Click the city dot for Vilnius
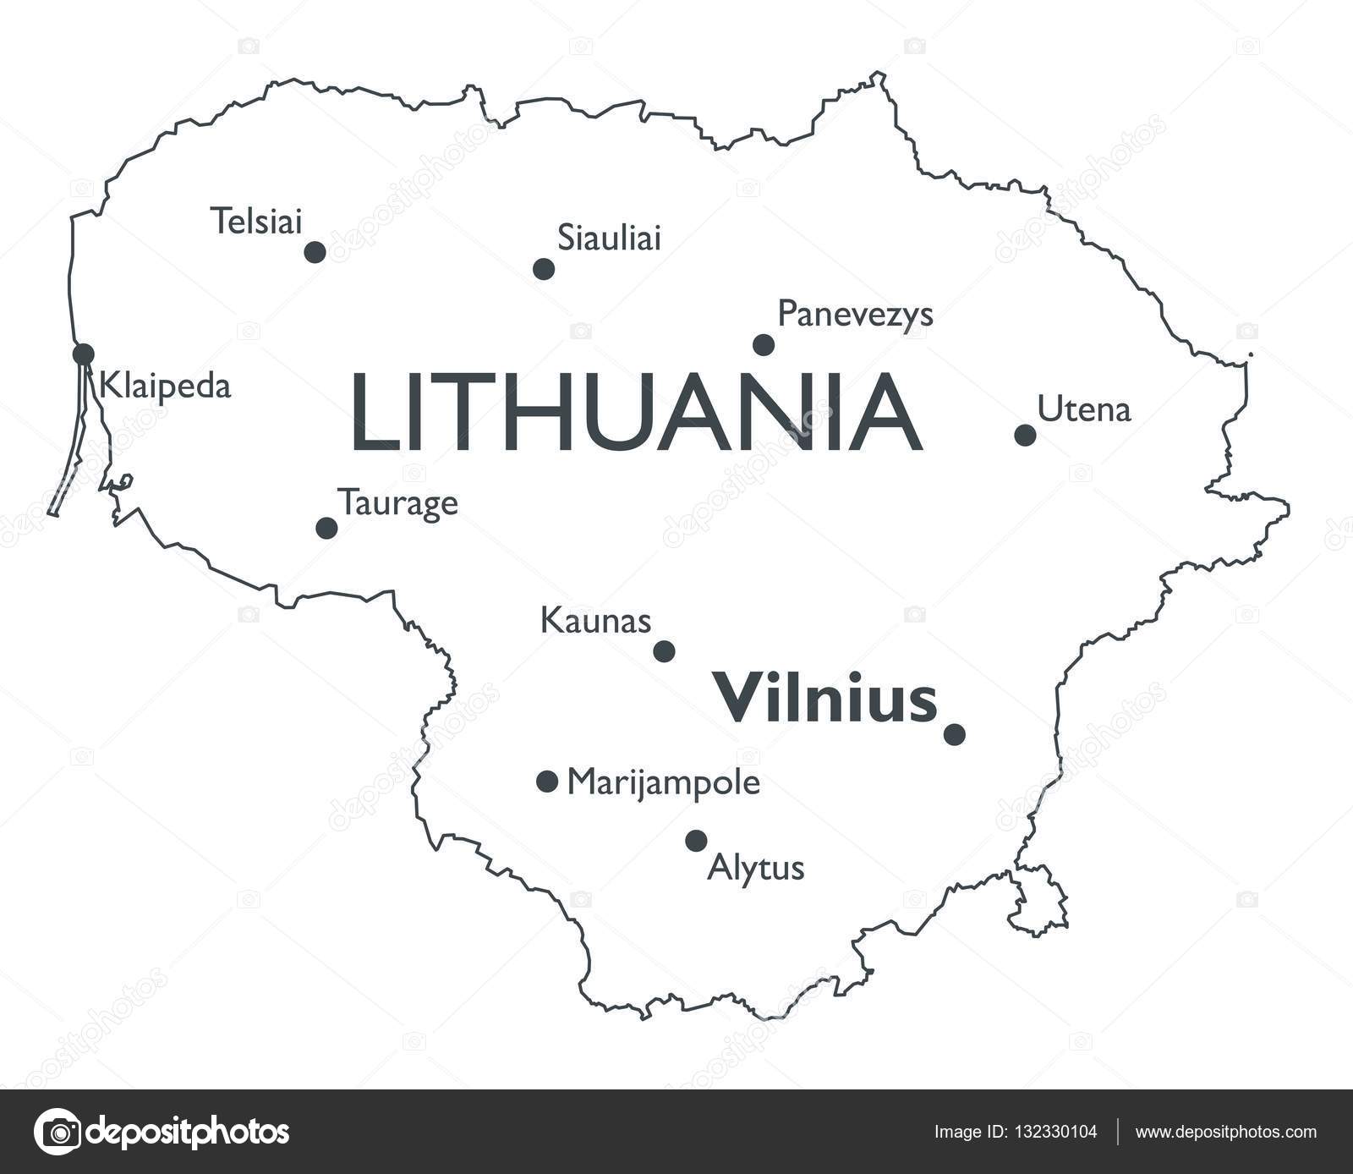tap(954, 734)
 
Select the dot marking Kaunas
tap(665, 651)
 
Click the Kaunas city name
tap(595, 622)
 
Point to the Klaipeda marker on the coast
tap(84, 354)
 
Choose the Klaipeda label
tap(165, 387)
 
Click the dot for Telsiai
tap(315, 252)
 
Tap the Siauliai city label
tap(609, 239)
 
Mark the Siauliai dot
tap(544, 269)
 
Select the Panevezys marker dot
tap(764, 344)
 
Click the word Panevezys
tap(855, 315)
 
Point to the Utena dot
tap(1025, 435)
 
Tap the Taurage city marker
tap(326, 528)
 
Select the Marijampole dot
tap(547, 781)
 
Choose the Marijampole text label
tap(663, 783)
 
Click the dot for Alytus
tap(696, 841)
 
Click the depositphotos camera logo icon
tap(58, 1132)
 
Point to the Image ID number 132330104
tap(1055, 1132)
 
